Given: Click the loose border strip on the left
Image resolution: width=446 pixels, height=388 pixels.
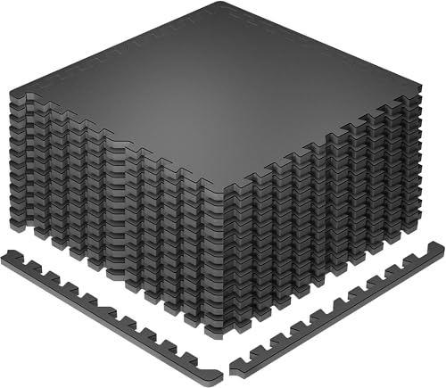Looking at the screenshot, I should [107, 303].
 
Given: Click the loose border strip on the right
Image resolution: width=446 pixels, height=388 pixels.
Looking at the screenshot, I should [339, 303].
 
